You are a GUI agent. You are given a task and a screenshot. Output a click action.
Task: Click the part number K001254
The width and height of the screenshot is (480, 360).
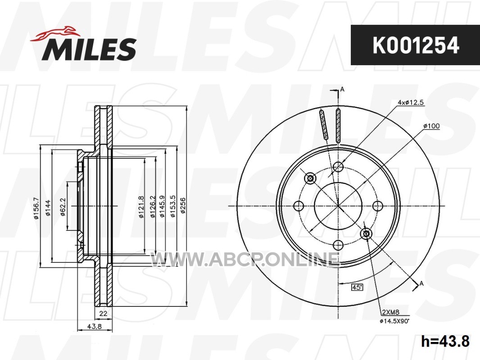416,45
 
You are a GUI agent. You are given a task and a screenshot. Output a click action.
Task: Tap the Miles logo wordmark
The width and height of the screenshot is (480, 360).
89,49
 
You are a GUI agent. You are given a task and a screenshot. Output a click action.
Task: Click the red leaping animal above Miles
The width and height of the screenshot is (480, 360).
55,33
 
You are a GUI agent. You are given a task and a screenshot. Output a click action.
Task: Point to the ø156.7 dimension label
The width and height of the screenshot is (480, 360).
36,208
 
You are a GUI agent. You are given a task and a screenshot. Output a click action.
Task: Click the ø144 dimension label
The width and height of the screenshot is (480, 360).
48,208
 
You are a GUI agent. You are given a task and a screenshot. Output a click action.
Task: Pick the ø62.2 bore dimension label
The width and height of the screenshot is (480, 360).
63,207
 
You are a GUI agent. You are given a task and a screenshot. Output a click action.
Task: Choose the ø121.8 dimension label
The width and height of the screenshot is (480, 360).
141,207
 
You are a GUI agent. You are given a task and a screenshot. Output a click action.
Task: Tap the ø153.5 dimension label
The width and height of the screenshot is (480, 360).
172,207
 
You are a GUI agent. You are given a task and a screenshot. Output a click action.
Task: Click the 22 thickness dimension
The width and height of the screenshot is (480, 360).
103,313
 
